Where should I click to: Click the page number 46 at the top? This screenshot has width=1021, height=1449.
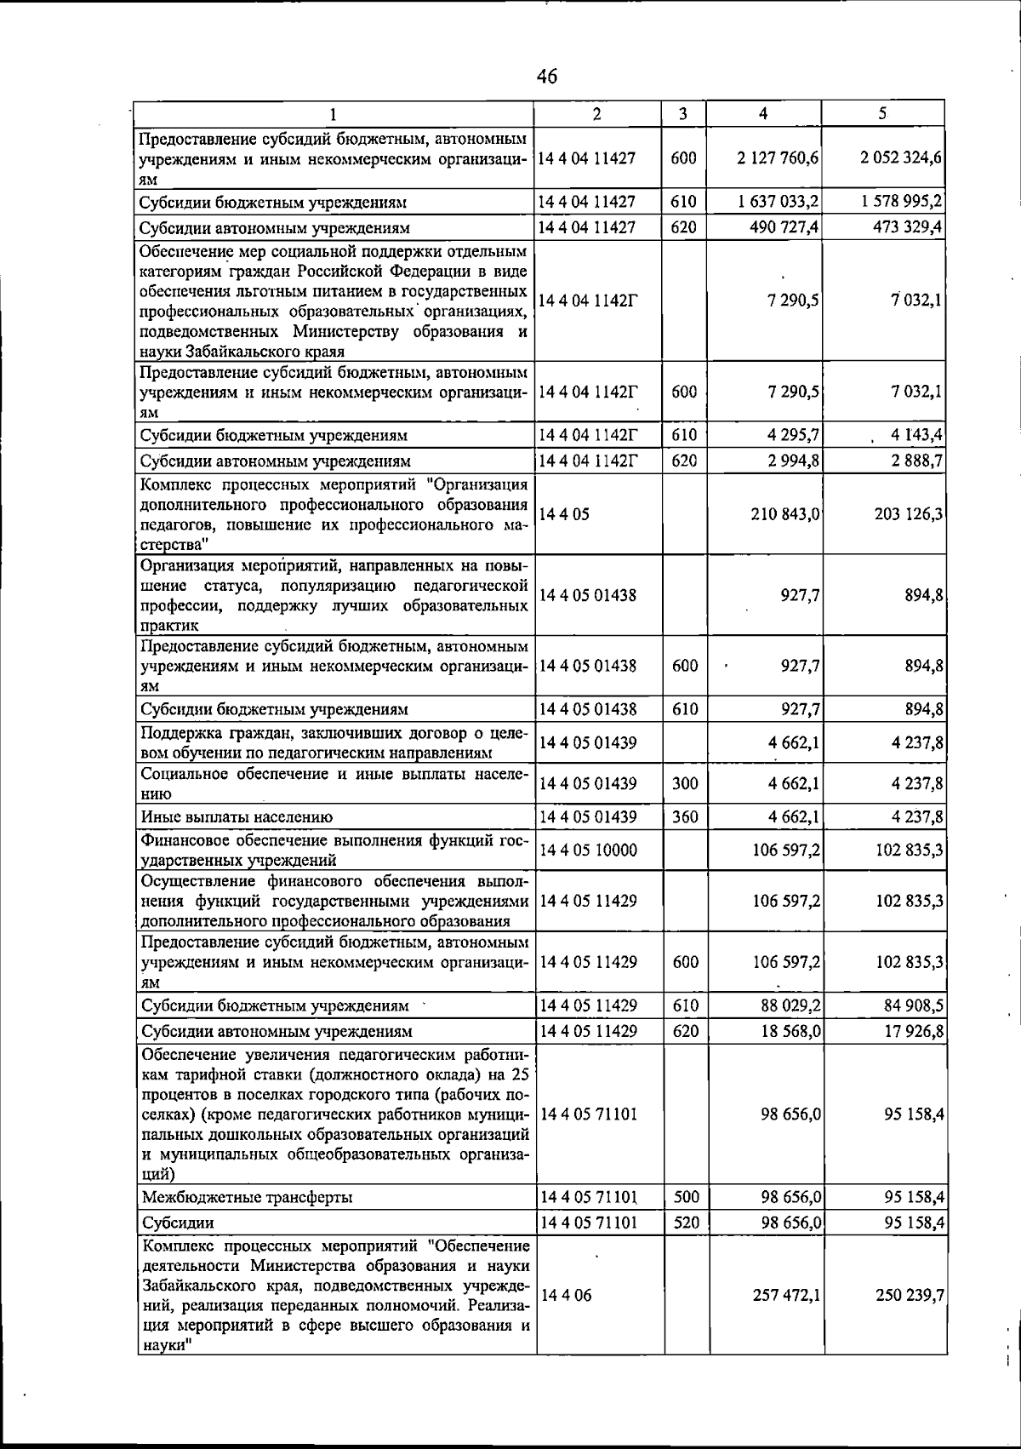547,77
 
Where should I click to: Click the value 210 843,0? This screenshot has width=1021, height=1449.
785,514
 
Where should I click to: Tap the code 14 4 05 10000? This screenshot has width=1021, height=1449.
588,850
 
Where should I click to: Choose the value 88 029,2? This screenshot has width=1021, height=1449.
789,1005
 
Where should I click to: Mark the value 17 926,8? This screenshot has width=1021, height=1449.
913,1031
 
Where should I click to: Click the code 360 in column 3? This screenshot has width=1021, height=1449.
685,817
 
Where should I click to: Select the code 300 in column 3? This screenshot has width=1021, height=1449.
685,783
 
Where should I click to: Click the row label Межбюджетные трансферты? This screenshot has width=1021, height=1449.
247,1197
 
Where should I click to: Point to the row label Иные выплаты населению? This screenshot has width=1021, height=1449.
237,817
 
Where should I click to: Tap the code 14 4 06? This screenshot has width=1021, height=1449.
566,1295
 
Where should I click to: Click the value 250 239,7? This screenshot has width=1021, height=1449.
909,1295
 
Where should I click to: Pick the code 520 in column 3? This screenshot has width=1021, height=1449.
686,1223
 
